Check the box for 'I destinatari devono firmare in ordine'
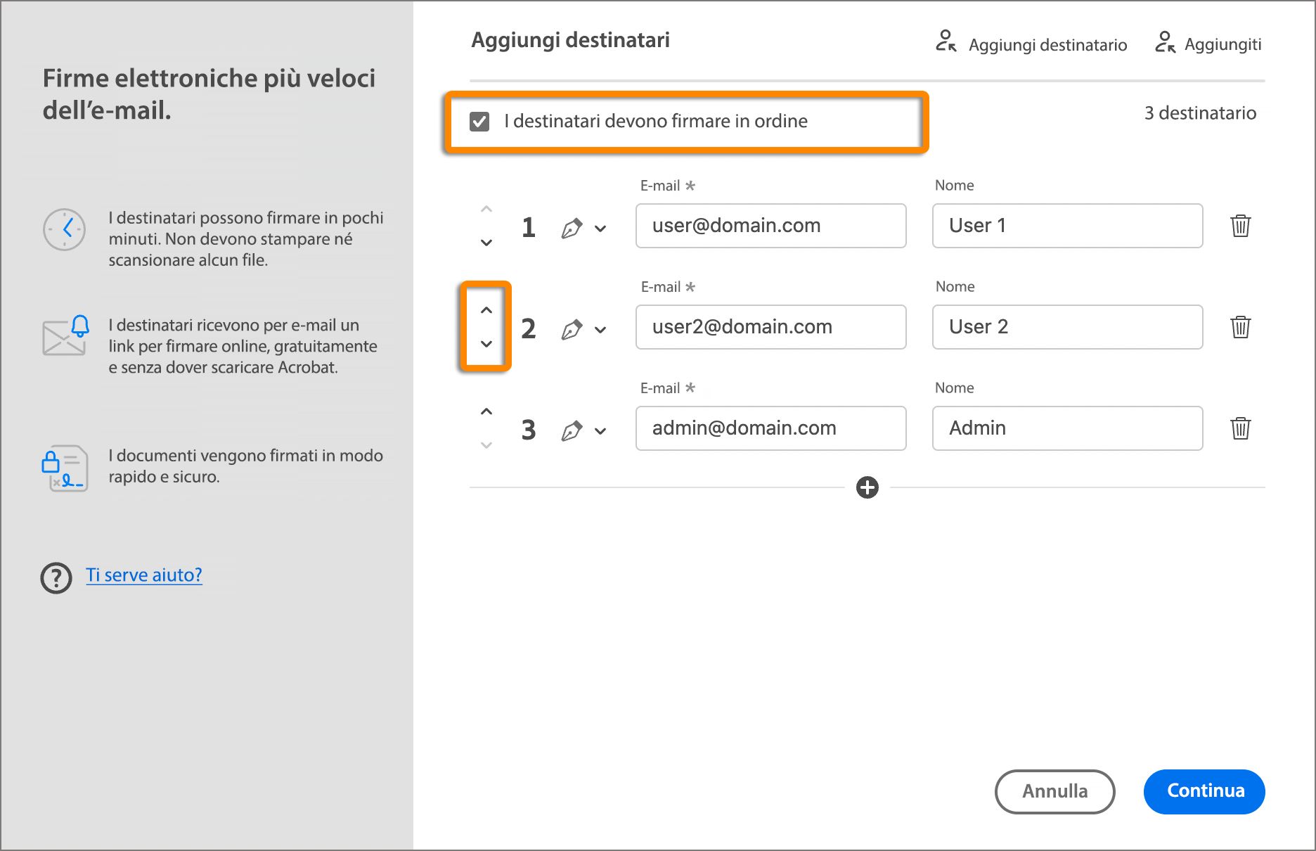click(479, 122)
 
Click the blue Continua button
click(1204, 791)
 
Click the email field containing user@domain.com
click(770, 226)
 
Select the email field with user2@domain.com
click(770, 327)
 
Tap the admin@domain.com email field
click(770, 428)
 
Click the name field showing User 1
click(1067, 226)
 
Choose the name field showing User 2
click(1067, 327)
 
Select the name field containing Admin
click(1067, 428)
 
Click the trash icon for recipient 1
click(1241, 226)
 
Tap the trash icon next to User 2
click(1241, 327)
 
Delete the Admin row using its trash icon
click(1241, 428)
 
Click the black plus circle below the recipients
click(867, 487)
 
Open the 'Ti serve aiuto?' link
click(144, 575)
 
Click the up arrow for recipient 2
click(486, 310)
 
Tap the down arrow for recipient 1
click(486, 243)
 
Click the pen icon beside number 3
click(572, 430)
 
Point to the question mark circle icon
click(56, 578)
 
